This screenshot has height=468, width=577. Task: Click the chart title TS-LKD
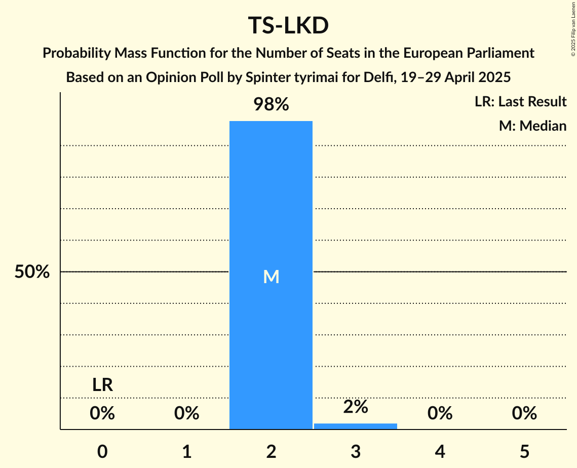288,26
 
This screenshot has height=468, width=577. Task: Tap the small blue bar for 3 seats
356,426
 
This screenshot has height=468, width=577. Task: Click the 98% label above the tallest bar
271,105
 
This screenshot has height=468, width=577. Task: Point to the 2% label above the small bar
356,406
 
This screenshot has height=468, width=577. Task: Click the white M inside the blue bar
271,277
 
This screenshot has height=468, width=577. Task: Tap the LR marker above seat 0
102,385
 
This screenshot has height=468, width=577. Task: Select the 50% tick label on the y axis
32,272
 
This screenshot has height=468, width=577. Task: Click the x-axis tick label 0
102,452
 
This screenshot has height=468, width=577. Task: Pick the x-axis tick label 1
187,452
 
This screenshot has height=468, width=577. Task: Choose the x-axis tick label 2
271,452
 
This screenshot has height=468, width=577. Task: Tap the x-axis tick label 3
356,452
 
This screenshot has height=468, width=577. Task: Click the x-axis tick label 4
440,452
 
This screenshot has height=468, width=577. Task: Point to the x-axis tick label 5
524,452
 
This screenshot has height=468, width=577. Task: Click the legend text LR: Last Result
520,102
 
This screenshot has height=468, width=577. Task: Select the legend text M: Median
532,126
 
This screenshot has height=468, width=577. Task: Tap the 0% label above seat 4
440,414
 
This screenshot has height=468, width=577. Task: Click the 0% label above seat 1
187,414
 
